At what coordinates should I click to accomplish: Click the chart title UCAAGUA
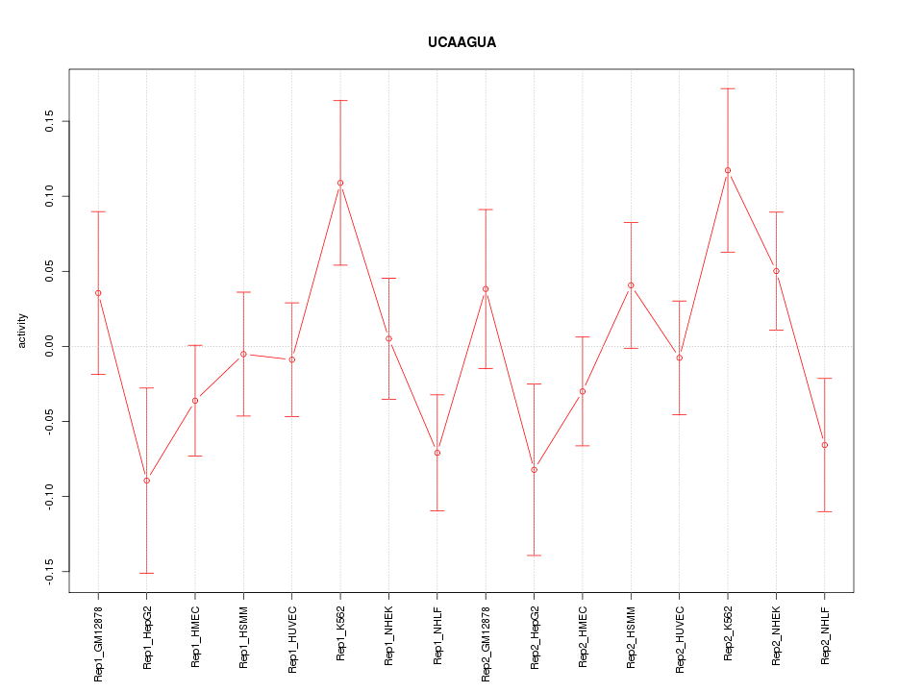tap(461, 43)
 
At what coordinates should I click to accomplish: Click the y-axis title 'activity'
tap(23, 332)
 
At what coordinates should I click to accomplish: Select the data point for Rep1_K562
tap(340, 183)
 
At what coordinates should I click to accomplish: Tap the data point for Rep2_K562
tap(728, 170)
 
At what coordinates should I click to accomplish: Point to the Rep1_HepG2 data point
tap(146, 480)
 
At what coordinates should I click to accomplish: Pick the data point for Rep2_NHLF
tap(825, 445)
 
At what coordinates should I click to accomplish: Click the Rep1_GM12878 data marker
tap(98, 292)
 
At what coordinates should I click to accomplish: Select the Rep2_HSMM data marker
tap(631, 284)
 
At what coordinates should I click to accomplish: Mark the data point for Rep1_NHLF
tap(437, 453)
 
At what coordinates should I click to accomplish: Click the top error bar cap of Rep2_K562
tap(728, 88)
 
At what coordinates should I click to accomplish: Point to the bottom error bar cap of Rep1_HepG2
tap(146, 573)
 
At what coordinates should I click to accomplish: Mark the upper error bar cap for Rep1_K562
tap(340, 100)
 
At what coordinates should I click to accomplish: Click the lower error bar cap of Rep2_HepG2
tap(534, 556)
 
